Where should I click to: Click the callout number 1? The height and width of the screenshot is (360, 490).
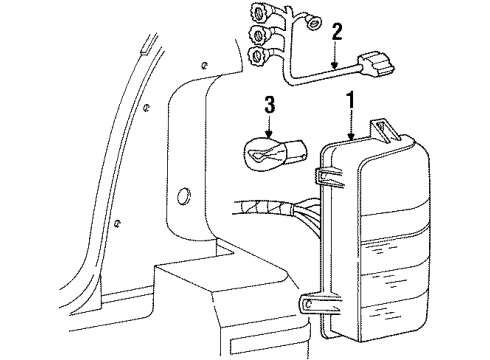pyautogui.click(x=350, y=101)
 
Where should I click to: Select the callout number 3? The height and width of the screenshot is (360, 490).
pyautogui.click(x=269, y=104)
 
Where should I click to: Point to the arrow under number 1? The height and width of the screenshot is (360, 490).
pyautogui.click(x=350, y=125)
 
